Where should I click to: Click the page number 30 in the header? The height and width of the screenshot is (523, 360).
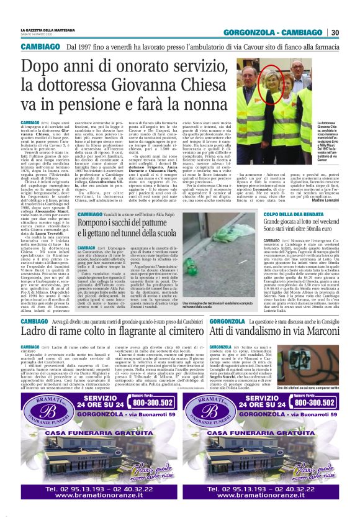coord(335,32)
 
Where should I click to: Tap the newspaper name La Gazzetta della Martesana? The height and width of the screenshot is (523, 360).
coord(47,30)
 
